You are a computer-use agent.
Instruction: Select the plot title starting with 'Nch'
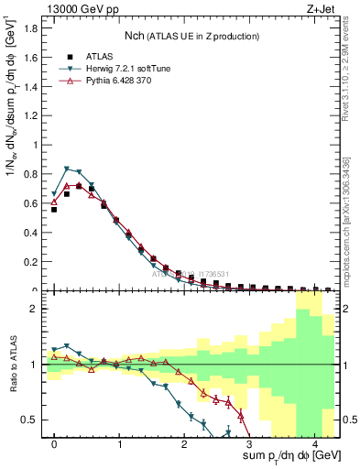[x=191, y=36]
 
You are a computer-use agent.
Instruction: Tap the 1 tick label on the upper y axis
[x=36, y=145]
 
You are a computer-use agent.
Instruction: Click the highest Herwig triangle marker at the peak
[x=67, y=169]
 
